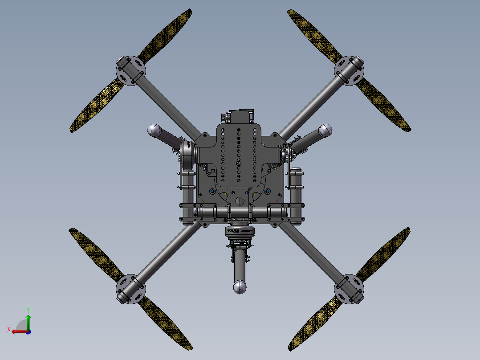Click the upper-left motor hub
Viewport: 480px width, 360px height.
click(x=130, y=70)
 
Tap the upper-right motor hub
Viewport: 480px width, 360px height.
click(x=350, y=70)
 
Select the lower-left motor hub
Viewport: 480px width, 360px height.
click(x=130, y=288)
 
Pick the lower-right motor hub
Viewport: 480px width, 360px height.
click(x=350, y=288)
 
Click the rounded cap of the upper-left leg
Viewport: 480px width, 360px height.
click(x=154, y=130)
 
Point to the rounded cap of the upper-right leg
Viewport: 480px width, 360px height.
click(x=325, y=130)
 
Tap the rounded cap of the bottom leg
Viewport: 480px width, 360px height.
click(x=240, y=287)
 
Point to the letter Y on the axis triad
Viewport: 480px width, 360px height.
click(x=28, y=309)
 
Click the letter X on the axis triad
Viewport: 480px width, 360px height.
click(x=9, y=329)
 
